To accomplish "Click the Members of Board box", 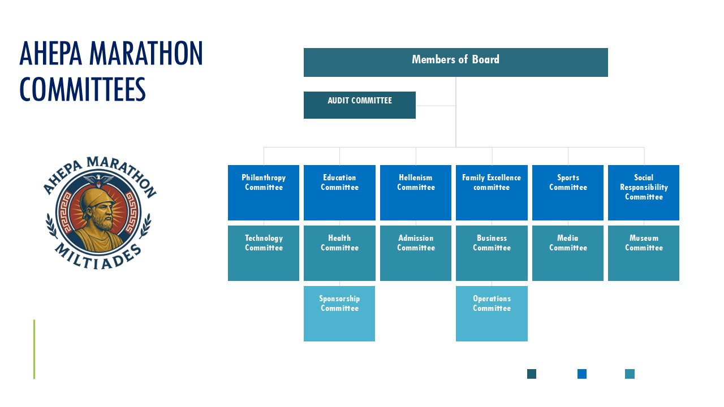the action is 456,62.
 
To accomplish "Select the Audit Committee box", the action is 360,105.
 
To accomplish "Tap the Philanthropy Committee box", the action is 264,193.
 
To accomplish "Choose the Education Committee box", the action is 339,193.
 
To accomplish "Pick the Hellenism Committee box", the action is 416,193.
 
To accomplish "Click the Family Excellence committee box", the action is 492,193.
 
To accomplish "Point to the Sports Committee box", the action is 568,193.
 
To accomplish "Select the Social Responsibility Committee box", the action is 644,193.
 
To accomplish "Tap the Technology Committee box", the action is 264,253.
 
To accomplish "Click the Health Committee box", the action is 339,253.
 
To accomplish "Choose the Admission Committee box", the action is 416,253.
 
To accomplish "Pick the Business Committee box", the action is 492,253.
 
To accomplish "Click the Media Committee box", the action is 568,253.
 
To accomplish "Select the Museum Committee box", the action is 644,253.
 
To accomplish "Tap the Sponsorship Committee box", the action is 339,314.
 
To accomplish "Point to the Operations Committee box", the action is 492,314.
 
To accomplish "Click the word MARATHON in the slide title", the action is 146,54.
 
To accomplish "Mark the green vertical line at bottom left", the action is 35,349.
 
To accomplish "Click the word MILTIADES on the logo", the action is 98,258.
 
